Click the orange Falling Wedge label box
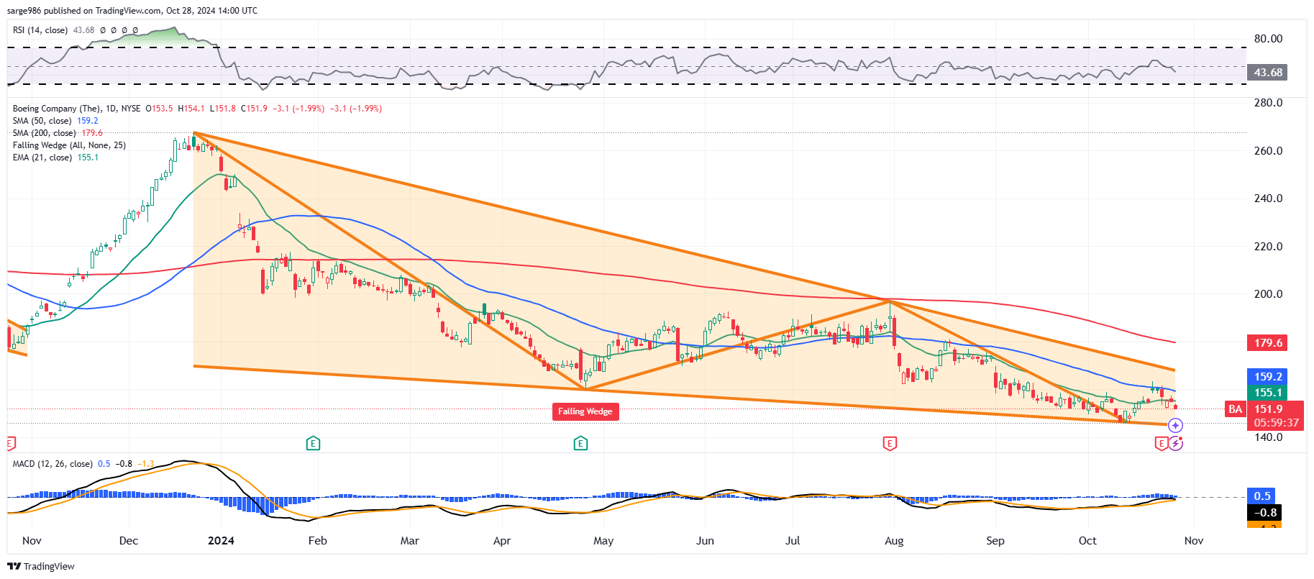coord(585,411)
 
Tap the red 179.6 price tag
coord(1267,343)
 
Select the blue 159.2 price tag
coord(1267,377)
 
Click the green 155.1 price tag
coord(1267,393)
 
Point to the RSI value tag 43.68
coord(1267,73)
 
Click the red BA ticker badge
coord(1235,409)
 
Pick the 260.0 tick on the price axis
coord(1268,151)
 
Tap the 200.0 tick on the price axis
coord(1268,294)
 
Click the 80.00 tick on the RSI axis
coord(1268,39)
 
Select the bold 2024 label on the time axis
coord(221,541)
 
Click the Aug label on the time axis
coord(894,541)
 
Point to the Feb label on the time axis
coord(317,541)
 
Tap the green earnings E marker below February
coord(313,443)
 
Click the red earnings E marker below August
coord(890,443)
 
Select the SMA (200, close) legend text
coord(44,133)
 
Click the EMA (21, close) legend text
coord(42,158)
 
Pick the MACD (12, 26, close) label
coord(53,464)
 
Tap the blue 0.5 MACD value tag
coord(1262,496)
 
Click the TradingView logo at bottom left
coord(41,566)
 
